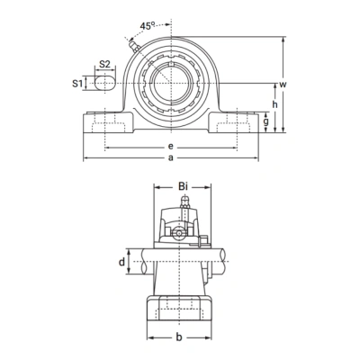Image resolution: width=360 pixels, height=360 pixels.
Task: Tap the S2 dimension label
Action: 105,66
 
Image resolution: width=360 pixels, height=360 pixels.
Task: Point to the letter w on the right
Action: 283,84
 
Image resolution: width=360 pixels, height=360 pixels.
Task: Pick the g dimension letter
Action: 267,123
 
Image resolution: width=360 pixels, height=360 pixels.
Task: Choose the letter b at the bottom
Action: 180,337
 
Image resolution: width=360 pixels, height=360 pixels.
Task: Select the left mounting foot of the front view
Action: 105,122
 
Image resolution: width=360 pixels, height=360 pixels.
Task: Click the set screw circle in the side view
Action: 179,233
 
